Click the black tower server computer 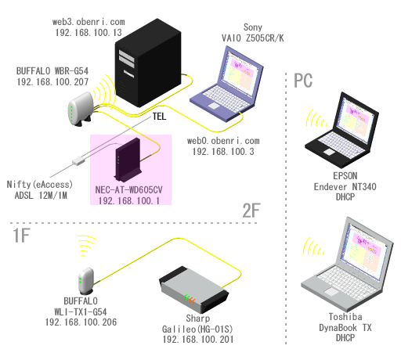[x=148, y=63]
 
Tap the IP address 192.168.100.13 [x=89, y=33]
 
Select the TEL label [x=159, y=117]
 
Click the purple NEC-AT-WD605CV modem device [x=128, y=160]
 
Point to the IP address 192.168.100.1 [x=129, y=200]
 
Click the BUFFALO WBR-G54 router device [x=81, y=109]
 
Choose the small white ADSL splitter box [x=78, y=161]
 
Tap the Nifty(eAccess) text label [x=39, y=185]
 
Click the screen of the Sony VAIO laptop [x=240, y=70]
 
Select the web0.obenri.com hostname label [x=223, y=141]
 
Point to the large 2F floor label [x=251, y=211]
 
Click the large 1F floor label [x=21, y=236]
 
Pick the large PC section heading [x=303, y=81]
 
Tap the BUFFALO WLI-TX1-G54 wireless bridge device [x=86, y=281]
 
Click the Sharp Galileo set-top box [x=194, y=290]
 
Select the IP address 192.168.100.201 [x=198, y=340]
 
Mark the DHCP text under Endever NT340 [x=345, y=197]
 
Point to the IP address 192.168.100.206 [x=81, y=322]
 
